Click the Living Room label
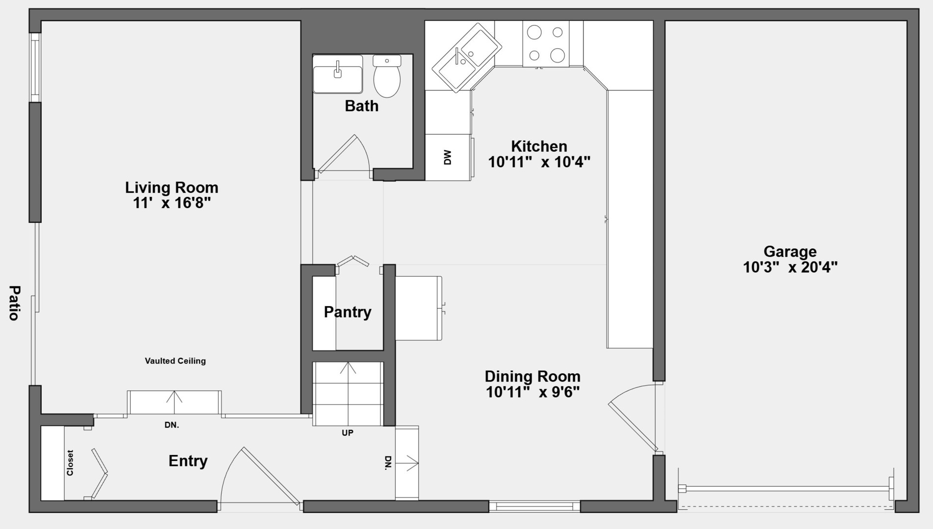tap(172, 187)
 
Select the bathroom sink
tap(338, 74)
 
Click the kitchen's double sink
tap(466, 57)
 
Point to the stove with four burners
tap(546, 44)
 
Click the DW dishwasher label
tap(447, 157)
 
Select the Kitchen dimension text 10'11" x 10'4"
tap(539, 162)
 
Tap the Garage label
tap(790, 251)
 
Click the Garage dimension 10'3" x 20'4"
tap(790, 267)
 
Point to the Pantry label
tap(348, 312)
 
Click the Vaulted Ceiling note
tap(175, 361)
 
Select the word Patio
tap(14, 303)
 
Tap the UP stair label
tap(348, 433)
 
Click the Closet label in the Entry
tap(70, 463)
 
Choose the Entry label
tap(188, 461)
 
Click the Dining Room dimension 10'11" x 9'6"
tap(533, 392)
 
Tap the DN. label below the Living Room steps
tap(172, 425)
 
